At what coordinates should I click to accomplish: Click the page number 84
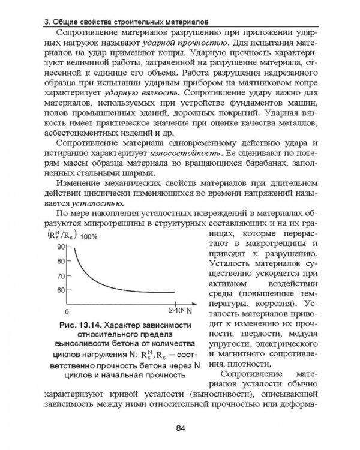pos(180,428)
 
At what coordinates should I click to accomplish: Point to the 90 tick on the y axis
pos(60,247)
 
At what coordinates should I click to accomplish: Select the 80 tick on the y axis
pos(60,262)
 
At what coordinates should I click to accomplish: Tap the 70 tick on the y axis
pos(60,276)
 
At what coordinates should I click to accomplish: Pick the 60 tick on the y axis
pos(60,290)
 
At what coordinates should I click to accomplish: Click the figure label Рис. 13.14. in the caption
pos(82,325)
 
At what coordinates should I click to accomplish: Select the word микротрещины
pos(124,224)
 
